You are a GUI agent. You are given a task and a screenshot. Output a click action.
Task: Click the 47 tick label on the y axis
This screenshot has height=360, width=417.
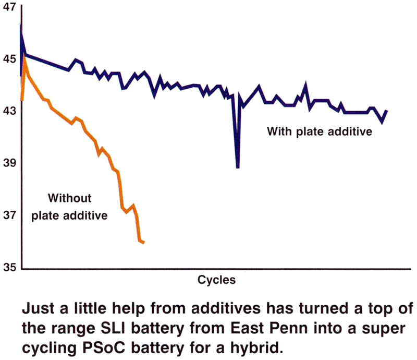9,7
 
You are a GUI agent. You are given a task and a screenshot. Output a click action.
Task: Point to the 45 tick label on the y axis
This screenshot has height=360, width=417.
9,59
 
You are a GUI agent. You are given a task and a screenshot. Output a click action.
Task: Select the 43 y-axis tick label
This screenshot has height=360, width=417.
9,111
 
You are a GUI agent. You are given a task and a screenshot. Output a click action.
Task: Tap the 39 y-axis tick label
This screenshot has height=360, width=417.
9,162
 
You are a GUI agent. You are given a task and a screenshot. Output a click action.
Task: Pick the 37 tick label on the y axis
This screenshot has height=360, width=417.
9,215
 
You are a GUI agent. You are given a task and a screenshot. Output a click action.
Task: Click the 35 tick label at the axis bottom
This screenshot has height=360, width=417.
9,267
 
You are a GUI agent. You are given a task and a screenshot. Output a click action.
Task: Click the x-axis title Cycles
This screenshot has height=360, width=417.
216,280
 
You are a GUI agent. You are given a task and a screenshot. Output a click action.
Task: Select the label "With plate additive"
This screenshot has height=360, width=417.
320,132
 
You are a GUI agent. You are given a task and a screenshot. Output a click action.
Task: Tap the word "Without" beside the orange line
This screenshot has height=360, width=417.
69,198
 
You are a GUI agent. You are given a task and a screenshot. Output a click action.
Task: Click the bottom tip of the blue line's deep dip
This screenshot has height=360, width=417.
238,167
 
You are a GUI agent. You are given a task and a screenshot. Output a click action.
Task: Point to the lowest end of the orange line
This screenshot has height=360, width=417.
143,242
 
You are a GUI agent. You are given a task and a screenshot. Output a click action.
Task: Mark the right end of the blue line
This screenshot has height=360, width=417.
386,111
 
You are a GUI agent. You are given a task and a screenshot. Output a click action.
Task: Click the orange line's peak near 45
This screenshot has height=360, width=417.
24,57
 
